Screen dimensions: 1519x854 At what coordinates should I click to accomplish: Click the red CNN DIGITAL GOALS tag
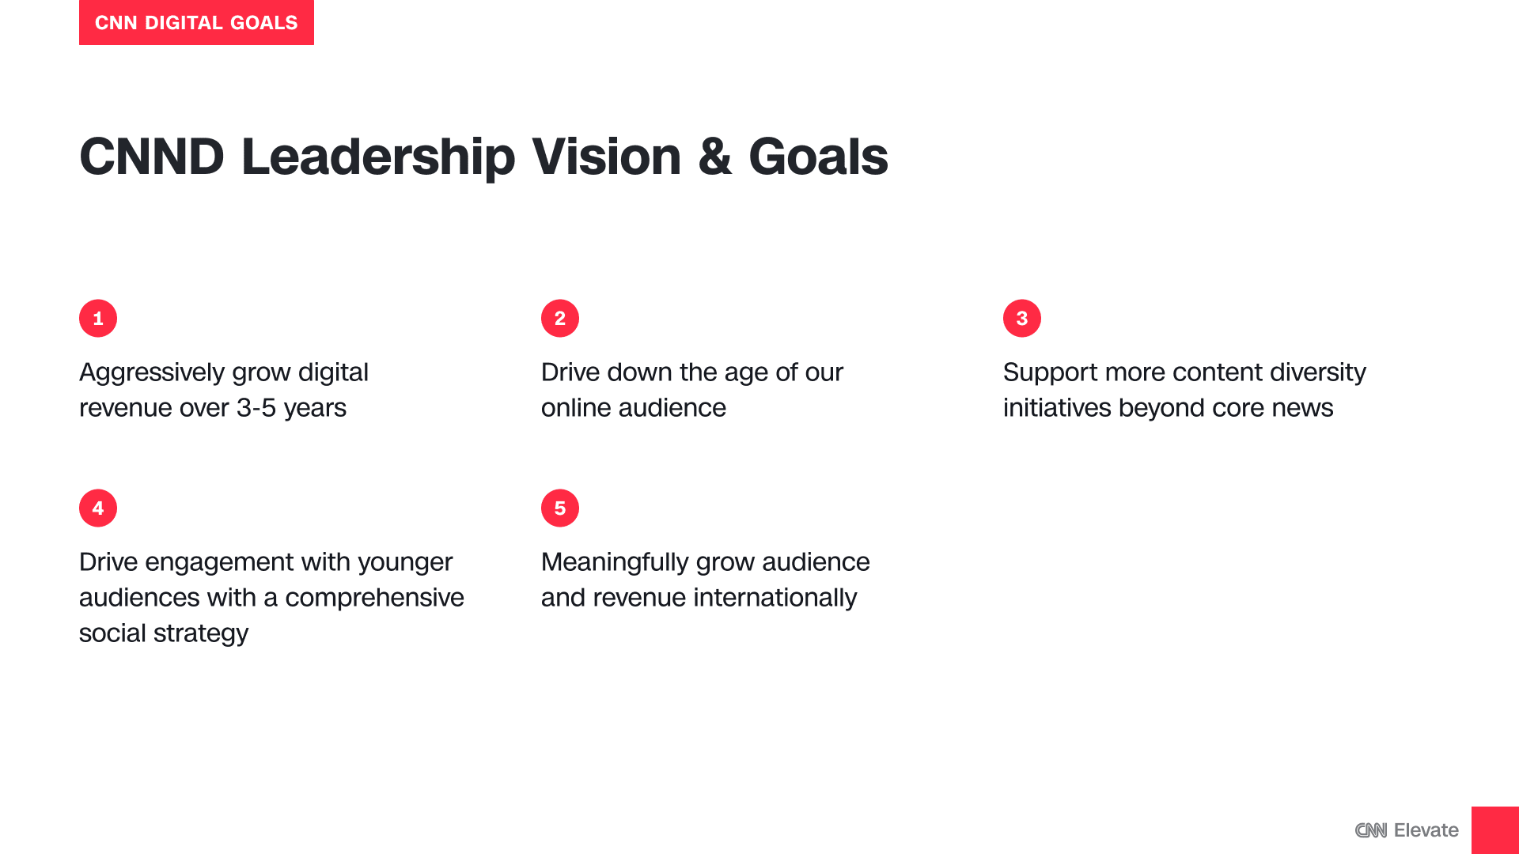pyautogui.click(x=196, y=22)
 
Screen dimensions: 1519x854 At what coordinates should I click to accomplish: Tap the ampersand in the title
pyautogui.click(x=715, y=157)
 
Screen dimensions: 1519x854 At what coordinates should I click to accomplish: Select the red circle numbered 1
pyautogui.click(x=98, y=319)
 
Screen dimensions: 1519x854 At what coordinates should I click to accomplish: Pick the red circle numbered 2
pyautogui.click(x=560, y=319)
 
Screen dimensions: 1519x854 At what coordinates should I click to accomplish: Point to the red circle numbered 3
pyautogui.click(x=1022, y=319)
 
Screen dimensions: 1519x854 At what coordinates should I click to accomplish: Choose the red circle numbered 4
pyautogui.click(x=98, y=508)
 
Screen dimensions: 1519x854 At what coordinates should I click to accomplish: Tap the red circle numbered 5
pyautogui.click(x=560, y=508)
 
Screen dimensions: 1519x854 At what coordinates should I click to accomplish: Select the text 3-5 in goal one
pyautogui.click(x=256, y=408)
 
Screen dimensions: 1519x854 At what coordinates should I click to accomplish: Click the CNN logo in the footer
pyautogui.click(x=1371, y=830)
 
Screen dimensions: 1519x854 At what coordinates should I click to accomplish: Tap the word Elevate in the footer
pyautogui.click(x=1426, y=830)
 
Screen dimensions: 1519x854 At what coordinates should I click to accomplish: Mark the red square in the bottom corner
pyautogui.click(x=1495, y=830)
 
